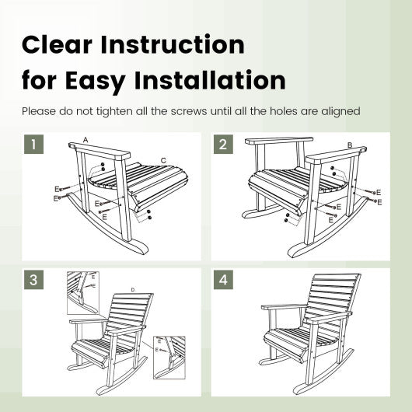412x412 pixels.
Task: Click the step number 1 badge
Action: (33, 145)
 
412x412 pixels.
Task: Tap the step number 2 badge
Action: (222, 145)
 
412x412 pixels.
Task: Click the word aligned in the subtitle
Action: (340, 111)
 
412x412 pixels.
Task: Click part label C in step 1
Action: (162, 161)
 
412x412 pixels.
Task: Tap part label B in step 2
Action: (350, 145)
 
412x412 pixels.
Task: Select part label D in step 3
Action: (132, 290)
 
